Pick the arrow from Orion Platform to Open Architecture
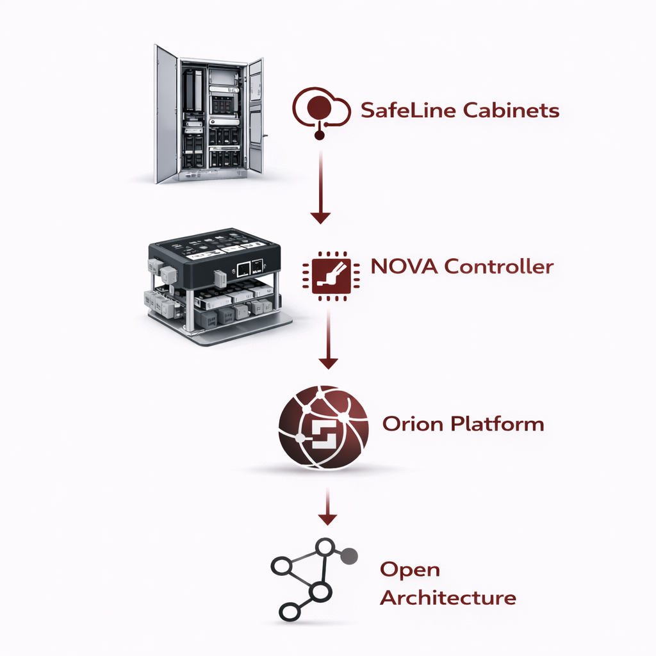[x=328, y=506]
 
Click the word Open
[x=409, y=570]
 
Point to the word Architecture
[x=448, y=598]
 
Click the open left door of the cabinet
[x=166, y=114]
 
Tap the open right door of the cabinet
[x=256, y=115]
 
